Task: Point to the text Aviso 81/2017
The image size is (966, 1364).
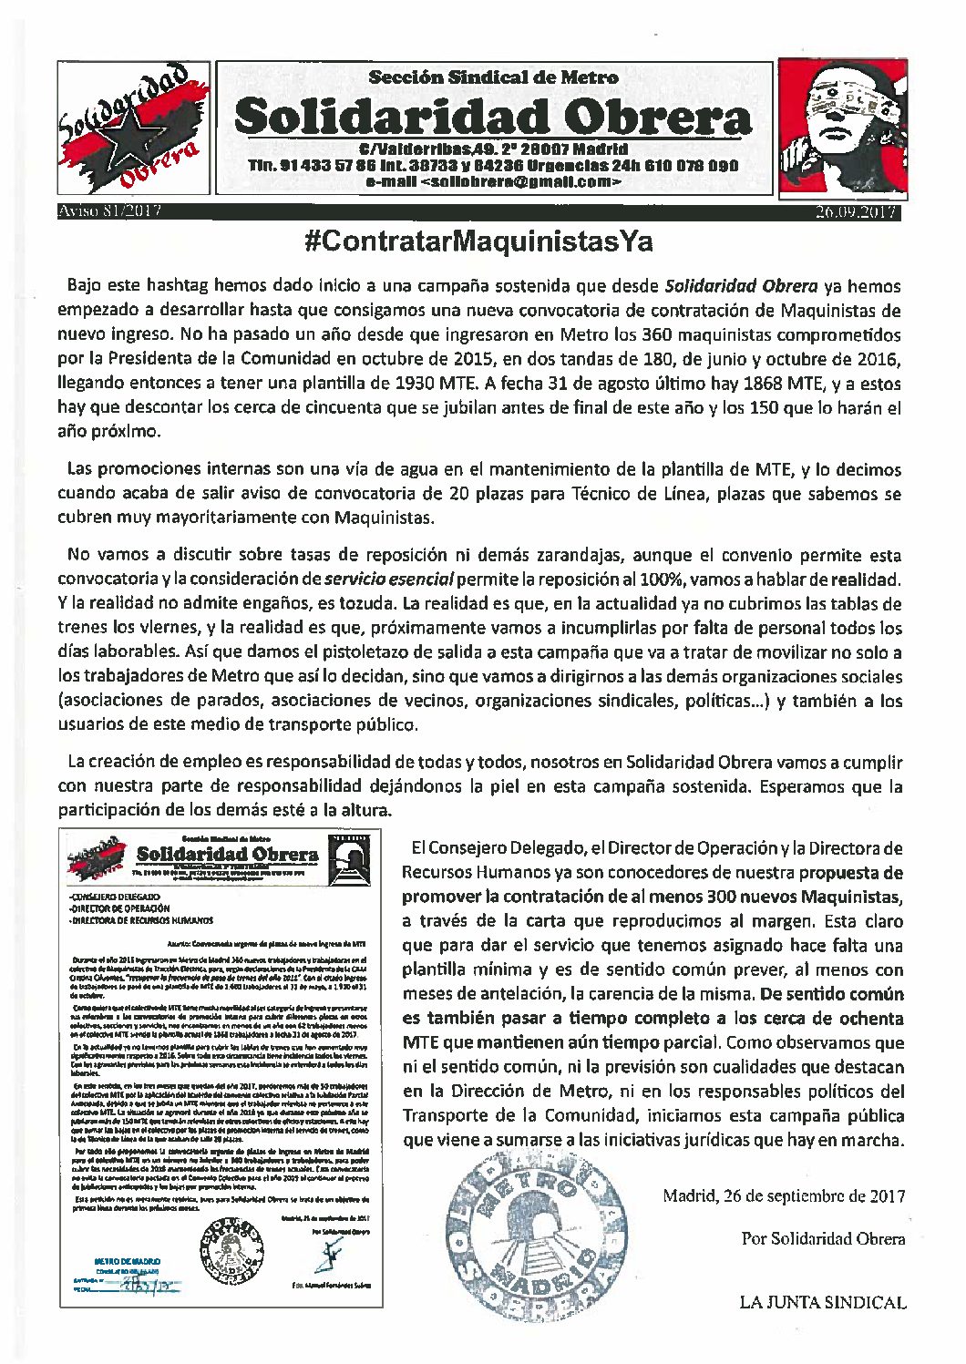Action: tap(109, 212)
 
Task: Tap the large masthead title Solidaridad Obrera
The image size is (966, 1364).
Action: tap(493, 116)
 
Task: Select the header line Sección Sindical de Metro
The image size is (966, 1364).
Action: tap(493, 77)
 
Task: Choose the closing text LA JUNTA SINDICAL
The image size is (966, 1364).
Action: tap(823, 1303)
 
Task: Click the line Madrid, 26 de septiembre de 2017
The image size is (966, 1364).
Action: tap(784, 1196)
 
